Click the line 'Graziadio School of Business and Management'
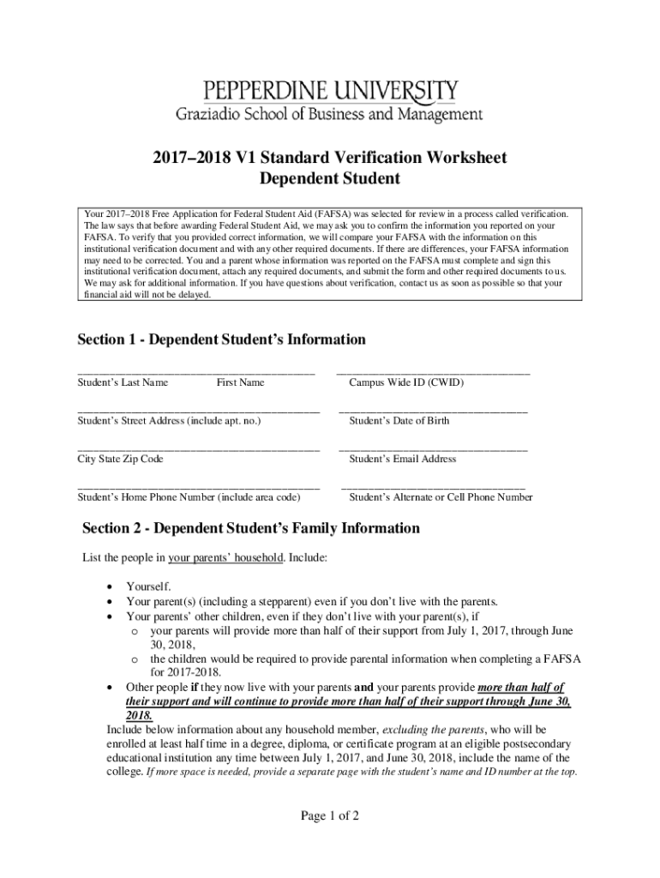(329, 113)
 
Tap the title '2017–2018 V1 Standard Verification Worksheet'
(330, 158)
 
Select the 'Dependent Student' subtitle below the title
(330, 179)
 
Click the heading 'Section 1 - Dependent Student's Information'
(221, 340)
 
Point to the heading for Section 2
(251, 528)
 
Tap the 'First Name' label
(240, 382)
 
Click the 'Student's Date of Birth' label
(399, 421)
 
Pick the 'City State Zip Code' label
(120, 459)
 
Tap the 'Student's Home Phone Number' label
(189, 497)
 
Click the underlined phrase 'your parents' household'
(225, 558)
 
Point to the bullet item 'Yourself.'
(148, 586)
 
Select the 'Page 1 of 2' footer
(329, 815)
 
